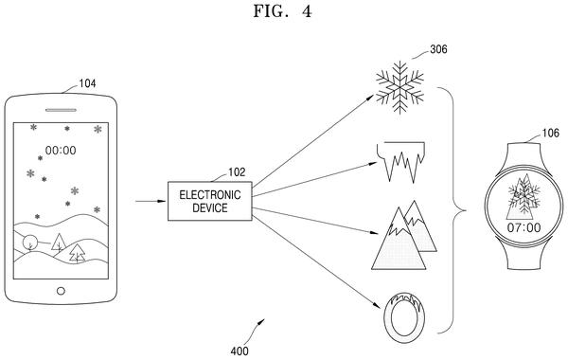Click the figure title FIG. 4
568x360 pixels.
click(x=282, y=11)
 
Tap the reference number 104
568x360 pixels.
click(x=88, y=83)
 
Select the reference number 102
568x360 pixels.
click(x=237, y=171)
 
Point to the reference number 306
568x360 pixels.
click(x=438, y=49)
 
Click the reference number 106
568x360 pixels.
click(x=550, y=133)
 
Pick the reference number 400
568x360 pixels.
click(x=240, y=351)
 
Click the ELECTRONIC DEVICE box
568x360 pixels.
click(x=210, y=201)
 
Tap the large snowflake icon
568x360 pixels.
click(x=399, y=87)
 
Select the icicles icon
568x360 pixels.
click(x=400, y=162)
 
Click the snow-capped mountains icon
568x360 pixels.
click(x=404, y=235)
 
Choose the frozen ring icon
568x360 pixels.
click(x=403, y=316)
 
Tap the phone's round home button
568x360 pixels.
click(x=61, y=291)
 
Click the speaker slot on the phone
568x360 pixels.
click(x=61, y=110)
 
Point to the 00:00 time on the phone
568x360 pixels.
click(x=61, y=150)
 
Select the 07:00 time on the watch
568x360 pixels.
click(x=524, y=227)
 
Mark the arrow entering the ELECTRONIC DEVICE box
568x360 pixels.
click(x=151, y=201)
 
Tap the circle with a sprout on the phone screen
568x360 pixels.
click(x=29, y=243)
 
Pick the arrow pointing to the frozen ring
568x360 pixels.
click(x=316, y=261)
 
